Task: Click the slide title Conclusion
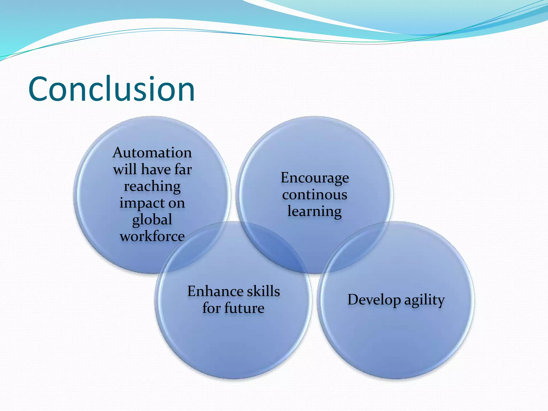[111, 89]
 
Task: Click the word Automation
[152, 153]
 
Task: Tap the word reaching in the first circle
[152, 187]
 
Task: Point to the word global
[152, 220]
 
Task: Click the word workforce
[152, 236]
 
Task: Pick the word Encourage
[315, 178]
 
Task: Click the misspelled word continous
[315, 195]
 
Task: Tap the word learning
[315, 211]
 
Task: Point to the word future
[244, 308]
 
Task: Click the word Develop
[374, 300]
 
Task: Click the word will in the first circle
[125, 170]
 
